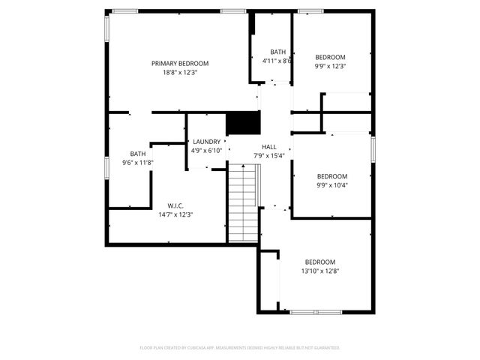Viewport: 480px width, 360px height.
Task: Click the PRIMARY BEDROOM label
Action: (x=180, y=64)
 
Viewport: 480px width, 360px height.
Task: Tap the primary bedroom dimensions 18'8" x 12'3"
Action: (x=180, y=73)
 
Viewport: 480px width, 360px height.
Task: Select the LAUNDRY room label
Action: (x=206, y=142)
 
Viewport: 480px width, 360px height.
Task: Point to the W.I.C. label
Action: (x=175, y=205)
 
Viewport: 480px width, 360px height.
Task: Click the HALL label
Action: (x=269, y=147)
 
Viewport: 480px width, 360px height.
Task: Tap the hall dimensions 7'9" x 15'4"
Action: (x=269, y=156)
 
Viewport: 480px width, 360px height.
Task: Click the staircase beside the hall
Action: (x=242, y=202)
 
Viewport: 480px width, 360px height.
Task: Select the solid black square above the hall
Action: (x=242, y=122)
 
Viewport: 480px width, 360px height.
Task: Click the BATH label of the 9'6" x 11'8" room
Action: (x=138, y=154)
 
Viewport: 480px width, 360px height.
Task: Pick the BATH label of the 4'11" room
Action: (x=278, y=52)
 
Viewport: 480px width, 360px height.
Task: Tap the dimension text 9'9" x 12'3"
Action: (x=330, y=67)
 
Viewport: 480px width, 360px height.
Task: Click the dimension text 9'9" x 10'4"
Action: (x=332, y=185)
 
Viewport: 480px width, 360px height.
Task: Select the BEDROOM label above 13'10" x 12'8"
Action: (x=319, y=262)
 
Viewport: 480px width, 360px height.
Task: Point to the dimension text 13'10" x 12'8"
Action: (x=319, y=271)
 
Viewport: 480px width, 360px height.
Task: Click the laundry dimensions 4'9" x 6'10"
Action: (x=206, y=151)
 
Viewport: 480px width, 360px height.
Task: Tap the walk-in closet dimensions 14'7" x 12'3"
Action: (x=175, y=214)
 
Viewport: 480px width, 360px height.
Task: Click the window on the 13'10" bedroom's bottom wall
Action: (x=315, y=312)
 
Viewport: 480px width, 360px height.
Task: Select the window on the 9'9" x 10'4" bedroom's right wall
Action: (x=372, y=147)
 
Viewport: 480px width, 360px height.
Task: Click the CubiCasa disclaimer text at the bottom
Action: (x=240, y=348)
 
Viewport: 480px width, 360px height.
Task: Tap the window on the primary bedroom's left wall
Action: (x=107, y=28)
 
